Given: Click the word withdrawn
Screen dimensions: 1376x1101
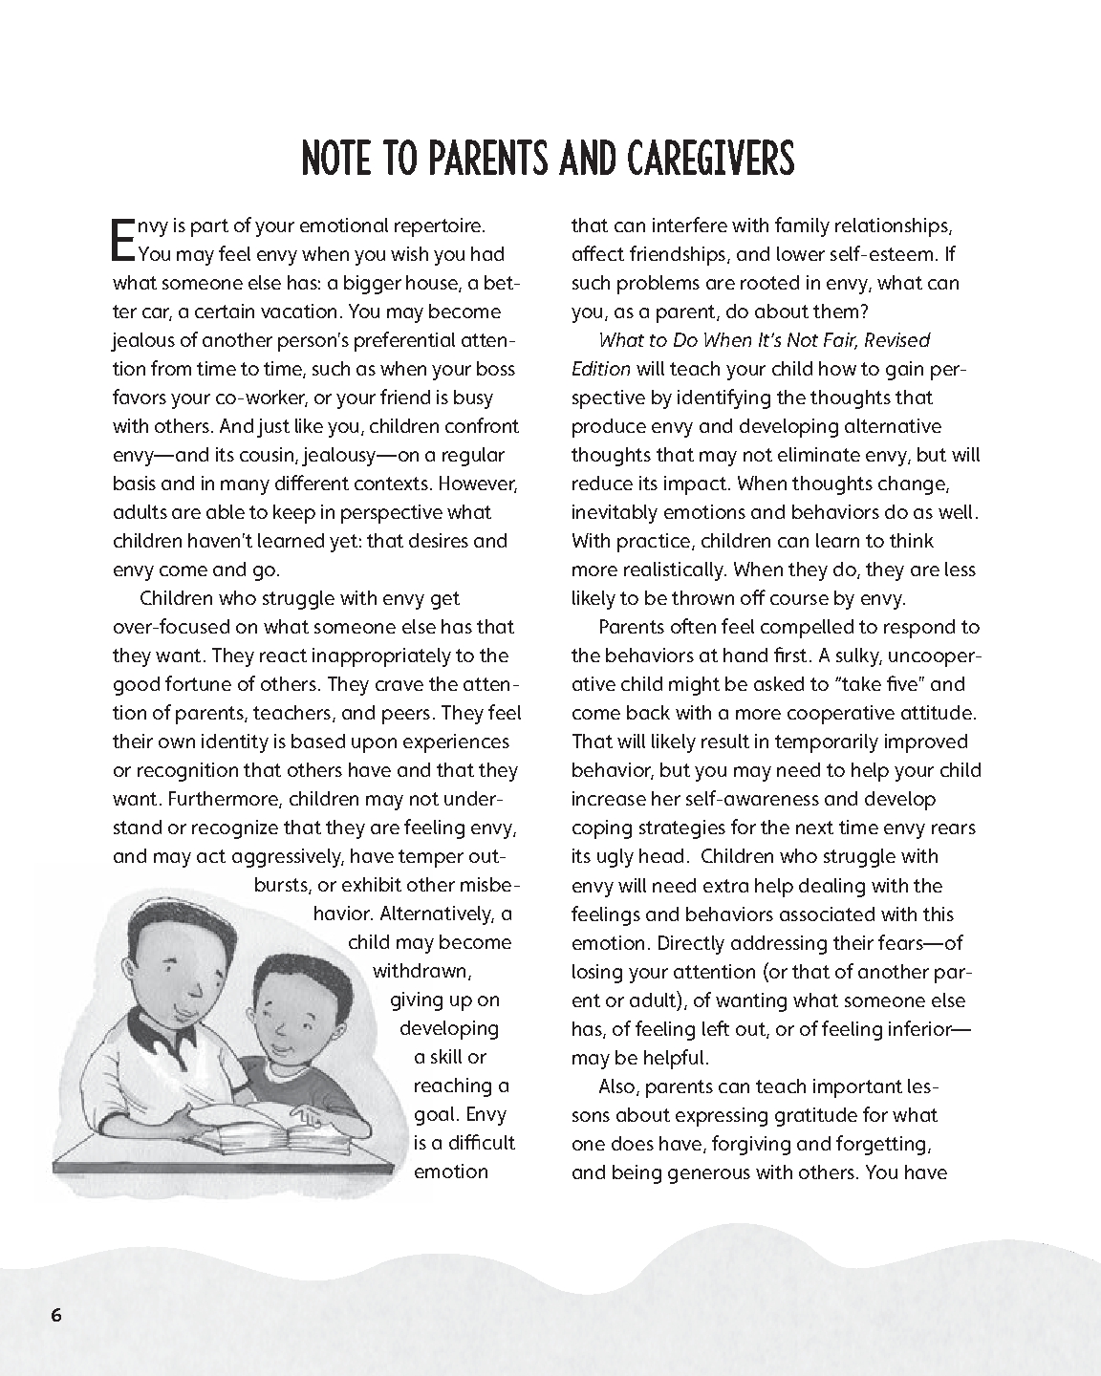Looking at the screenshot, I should pyautogui.click(x=421, y=971).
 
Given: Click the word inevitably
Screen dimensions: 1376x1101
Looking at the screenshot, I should pyautogui.click(x=618, y=512).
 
